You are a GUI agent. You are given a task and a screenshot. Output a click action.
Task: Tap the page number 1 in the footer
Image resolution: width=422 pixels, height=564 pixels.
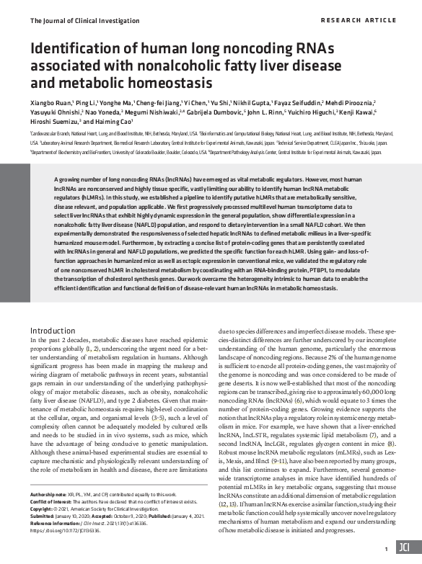coord(387,548)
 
